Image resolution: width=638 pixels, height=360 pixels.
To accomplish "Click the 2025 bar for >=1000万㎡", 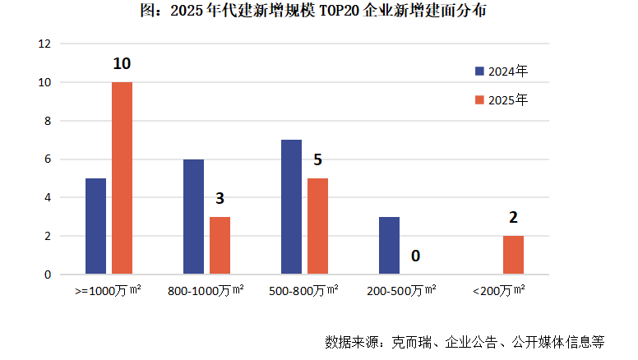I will [122, 178].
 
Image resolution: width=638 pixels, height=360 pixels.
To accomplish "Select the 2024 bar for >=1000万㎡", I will [95, 226].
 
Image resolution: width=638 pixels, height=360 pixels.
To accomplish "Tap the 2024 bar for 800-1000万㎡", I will [193, 216].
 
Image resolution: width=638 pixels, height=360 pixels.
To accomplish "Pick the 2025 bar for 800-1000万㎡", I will [220, 245].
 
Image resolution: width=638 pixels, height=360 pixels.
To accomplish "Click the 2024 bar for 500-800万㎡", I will [291, 206].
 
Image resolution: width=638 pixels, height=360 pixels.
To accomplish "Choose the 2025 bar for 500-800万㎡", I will [317, 226].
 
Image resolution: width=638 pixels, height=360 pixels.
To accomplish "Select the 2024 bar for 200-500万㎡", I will [389, 245].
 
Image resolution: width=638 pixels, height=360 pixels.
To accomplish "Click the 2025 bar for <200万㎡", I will [513, 255].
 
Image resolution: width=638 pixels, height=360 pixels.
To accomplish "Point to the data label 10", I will [122, 64].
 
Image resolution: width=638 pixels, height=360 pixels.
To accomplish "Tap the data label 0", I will [415, 256].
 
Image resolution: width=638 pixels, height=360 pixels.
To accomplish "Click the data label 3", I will [220, 199].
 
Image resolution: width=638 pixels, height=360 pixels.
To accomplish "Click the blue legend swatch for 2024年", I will [480, 71].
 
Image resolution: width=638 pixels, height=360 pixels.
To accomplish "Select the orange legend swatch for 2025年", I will [480, 99].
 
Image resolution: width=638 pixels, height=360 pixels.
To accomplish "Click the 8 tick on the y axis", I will [47, 121].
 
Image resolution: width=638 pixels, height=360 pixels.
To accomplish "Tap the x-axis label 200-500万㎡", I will [401, 291].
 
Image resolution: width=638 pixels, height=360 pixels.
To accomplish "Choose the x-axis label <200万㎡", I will [500, 291].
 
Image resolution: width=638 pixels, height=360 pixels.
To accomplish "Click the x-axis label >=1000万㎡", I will [108, 291].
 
